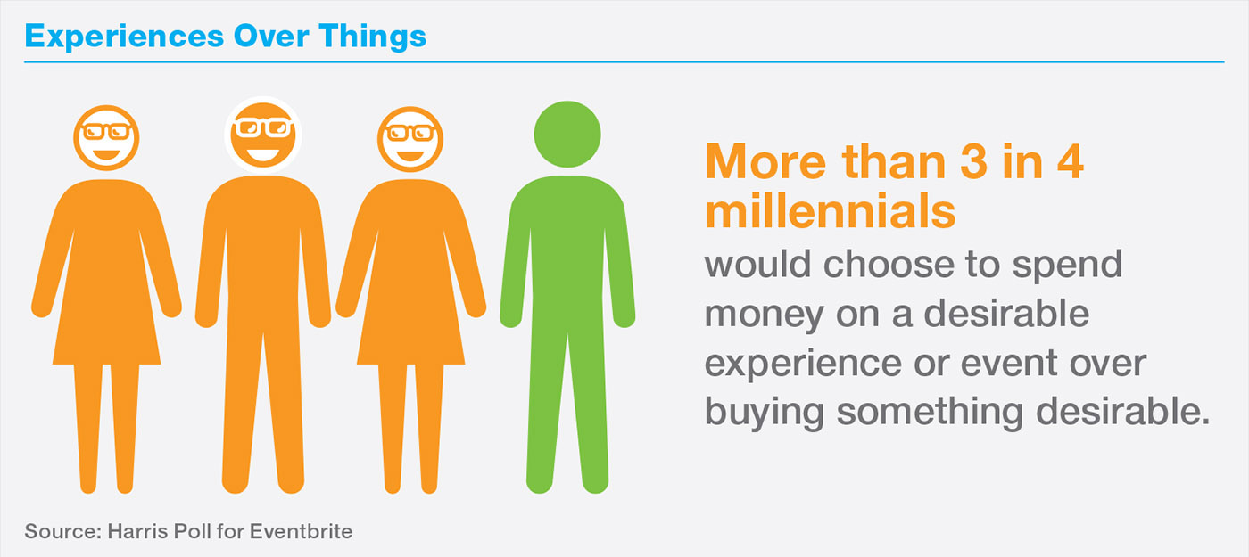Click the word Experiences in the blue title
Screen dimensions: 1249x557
124,37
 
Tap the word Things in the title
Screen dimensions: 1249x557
373,37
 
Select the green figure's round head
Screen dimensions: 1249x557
567,135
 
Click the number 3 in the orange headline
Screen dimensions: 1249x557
973,161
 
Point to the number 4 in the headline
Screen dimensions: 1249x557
1070,161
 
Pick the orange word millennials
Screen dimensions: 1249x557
831,211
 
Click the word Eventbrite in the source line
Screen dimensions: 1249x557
301,531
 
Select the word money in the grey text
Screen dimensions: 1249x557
764,315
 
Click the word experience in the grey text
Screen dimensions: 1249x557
803,365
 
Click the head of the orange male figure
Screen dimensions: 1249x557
263,135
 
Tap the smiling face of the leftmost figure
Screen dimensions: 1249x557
106,138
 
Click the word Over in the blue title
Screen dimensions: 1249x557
271,37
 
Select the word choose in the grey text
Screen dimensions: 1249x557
889,264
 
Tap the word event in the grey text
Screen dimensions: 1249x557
1009,364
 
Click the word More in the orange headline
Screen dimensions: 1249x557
765,161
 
